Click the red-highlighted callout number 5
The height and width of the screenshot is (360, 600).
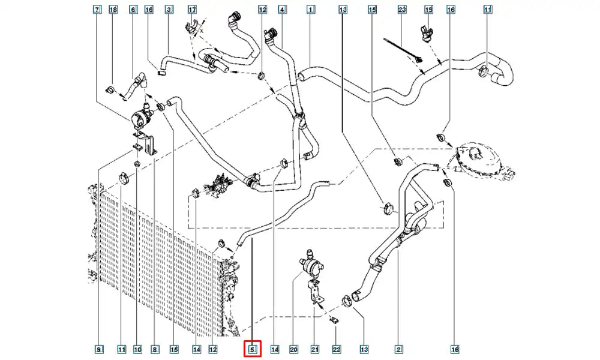pyautogui.click(x=253, y=349)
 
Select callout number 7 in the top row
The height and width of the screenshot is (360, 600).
pyautogui.click(x=97, y=9)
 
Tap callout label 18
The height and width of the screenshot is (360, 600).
pyautogui.click(x=113, y=9)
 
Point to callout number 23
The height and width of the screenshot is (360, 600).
pyautogui.click(x=402, y=9)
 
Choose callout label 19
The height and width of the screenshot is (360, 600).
pyautogui.click(x=429, y=9)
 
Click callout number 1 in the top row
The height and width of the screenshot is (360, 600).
pyautogui.click(x=311, y=9)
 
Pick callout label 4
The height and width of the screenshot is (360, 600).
pyautogui.click(x=283, y=9)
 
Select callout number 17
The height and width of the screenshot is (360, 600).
pyautogui.click(x=192, y=9)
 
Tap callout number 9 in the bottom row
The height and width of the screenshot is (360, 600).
pyautogui.click(x=99, y=349)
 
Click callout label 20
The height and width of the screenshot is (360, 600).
pyautogui.click(x=293, y=349)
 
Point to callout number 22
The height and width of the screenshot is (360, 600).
pyautogui.click(x=336, y=349)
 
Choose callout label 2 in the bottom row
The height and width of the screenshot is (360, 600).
pyautogui.click(x=398, y=349)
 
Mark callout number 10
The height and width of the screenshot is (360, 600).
pyautogui.click(x=137, y=349)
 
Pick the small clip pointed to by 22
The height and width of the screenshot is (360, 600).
pyautogui.click(x=334, y=320)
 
